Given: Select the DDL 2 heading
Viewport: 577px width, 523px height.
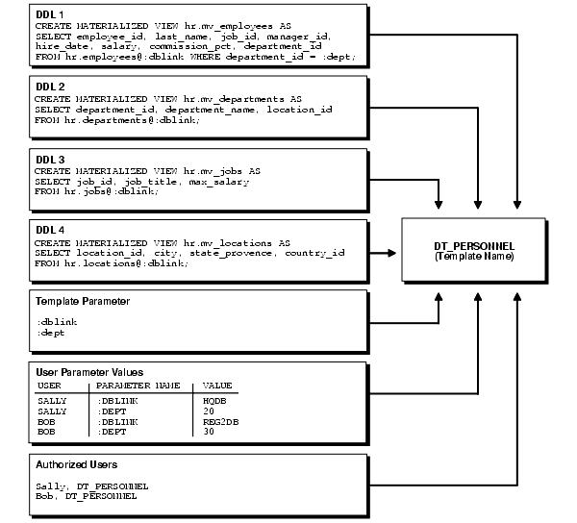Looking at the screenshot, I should (48, 87).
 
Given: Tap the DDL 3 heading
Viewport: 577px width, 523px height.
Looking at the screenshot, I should (48, 160).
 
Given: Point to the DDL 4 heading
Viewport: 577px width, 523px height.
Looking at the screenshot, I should (48, 232).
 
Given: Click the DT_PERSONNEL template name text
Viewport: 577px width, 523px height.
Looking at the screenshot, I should (477, 247).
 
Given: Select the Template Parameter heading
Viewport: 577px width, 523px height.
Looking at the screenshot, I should (82, 302).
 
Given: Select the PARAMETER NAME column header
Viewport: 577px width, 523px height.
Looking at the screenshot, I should (139, 385).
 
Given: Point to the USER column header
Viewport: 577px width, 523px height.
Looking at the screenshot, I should (49, 385).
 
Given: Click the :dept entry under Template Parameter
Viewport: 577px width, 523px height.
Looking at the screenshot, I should (51, 333).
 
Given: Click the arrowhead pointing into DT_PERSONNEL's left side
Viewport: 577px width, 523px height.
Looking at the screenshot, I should (396, 253).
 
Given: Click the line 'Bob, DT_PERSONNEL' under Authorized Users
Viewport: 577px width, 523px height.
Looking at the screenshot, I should (86, 496).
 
